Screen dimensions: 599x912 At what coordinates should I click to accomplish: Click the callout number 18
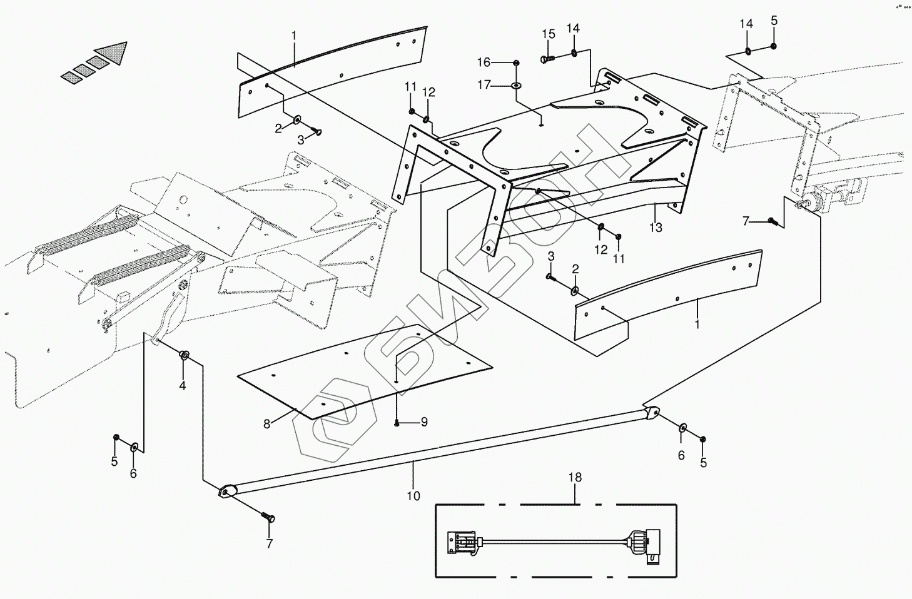tap(575, 478)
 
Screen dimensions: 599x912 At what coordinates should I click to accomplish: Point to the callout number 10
tap(413, 496)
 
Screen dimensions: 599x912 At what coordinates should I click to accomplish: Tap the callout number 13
tap(656, 228)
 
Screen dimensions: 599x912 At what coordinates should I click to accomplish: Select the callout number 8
tap(267, 424)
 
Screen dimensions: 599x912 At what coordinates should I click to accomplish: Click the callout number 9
tap(424, 422)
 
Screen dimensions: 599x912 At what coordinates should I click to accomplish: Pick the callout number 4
tap(183, 386)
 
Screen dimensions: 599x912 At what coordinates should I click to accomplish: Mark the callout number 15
tap(549, 34)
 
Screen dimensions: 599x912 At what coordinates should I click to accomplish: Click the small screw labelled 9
tap(397, 423)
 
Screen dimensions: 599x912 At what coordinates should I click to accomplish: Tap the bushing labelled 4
tap(185, 356)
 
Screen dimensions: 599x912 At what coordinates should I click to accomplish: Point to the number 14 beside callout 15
tap(573, 28)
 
